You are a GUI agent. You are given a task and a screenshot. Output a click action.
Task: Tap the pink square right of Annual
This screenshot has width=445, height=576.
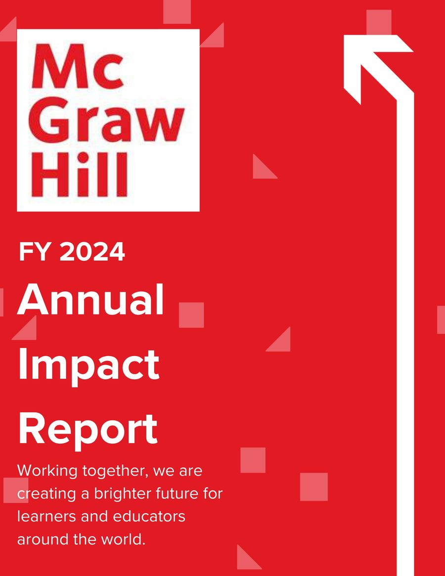point(191,315)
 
